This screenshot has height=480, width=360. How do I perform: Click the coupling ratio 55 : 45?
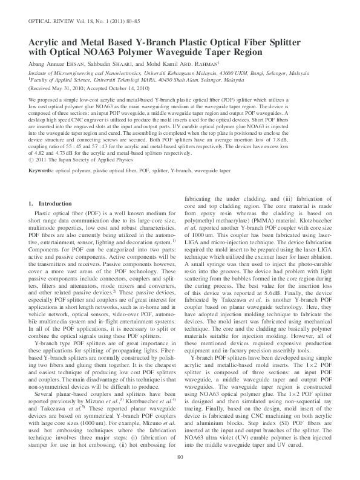tap(69, 140)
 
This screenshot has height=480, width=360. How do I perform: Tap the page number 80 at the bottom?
tap(180, 472)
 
